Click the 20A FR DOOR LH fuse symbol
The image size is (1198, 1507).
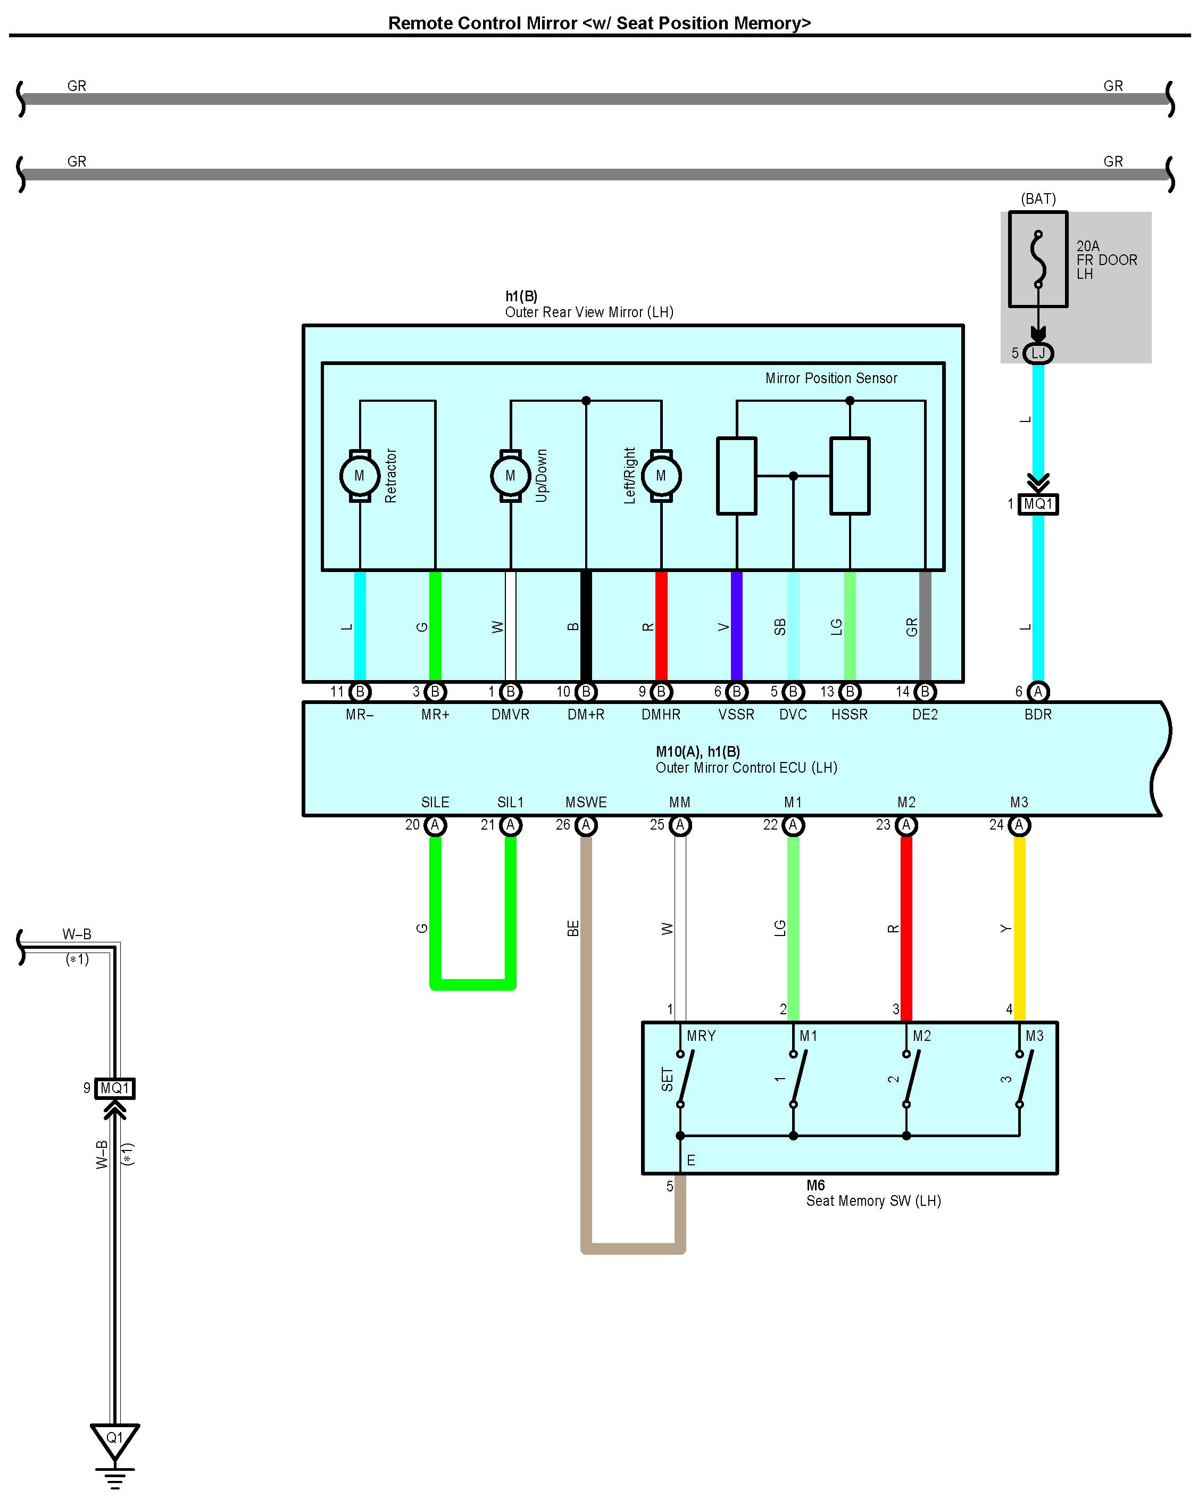pyautogui.click(x=1038, y=259)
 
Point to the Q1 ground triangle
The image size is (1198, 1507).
pyautogui.click(x=114, y=1439)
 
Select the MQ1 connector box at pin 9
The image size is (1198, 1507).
pyautogui.click(x=115, y=1088)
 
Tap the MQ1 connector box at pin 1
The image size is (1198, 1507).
pyautogui.click(x=1038, y=504)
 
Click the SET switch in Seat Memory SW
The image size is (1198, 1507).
pyautogui.click(x=681, y=1079)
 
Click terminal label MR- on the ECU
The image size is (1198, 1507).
pyautogui.click(x=359, y=714)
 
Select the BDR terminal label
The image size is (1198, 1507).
pyautogui.click(x=1038, y=714)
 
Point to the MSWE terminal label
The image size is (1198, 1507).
pyautogui.click(x=586, y=802)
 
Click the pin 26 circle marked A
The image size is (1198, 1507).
pyautogui.click(x=586, y=825)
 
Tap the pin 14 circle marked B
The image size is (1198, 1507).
pyautogui.click(x=925, y=692)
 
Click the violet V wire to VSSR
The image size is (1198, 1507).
pyautogui.click(x=736, y=626)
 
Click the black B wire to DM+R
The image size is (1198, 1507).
pyautogui.click(x=586, y=626)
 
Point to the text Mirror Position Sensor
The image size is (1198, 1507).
pyautogui.click(x=831, y=378)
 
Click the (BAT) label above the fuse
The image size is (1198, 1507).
pyautogui.click(x=1038, y=199)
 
